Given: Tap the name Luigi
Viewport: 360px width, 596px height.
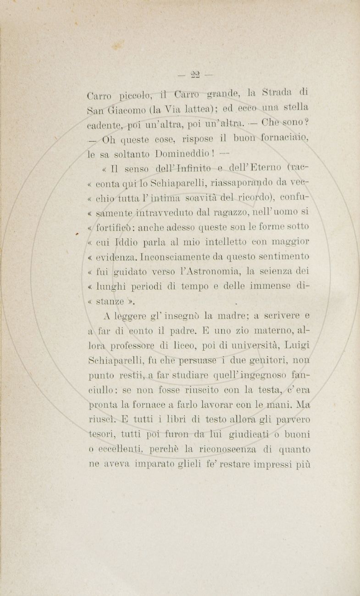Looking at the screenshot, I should click(x=297, y=343).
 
